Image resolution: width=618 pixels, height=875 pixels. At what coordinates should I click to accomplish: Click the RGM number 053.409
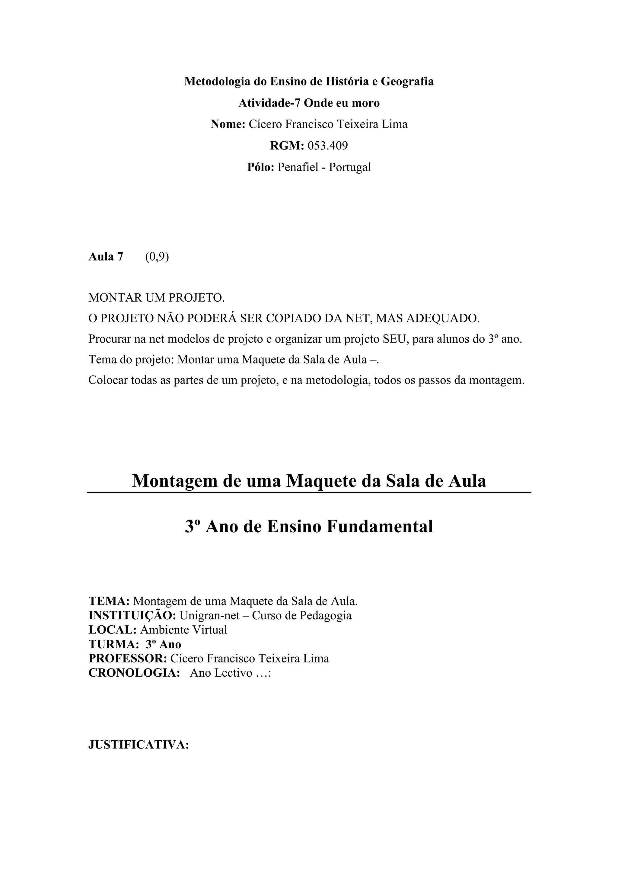327,146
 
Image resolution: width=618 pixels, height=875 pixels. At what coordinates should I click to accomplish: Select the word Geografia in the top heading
407,81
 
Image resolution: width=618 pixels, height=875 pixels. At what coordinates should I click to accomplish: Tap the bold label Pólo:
261,167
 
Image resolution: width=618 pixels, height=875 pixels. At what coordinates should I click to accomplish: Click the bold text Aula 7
106,257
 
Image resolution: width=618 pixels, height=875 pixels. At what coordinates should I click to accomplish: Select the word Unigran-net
209,615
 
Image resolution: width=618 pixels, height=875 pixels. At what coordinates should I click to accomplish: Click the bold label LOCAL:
112,630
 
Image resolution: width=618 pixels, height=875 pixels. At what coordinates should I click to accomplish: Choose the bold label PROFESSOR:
128,659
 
